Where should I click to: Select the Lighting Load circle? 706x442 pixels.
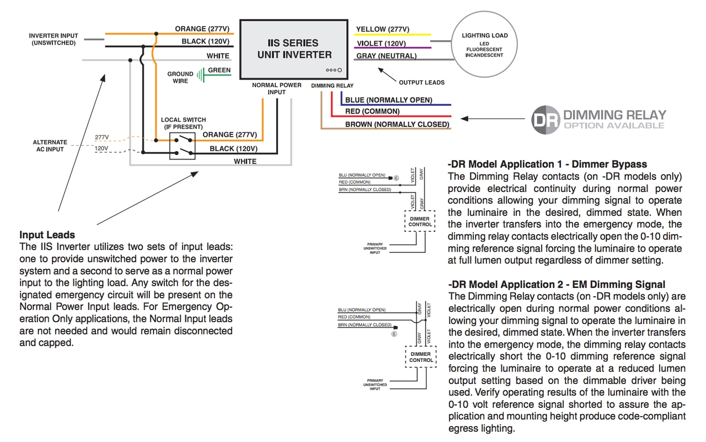point(484,44)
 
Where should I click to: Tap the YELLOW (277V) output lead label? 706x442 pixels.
point(382,29)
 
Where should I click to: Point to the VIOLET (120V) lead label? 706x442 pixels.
point(381,44)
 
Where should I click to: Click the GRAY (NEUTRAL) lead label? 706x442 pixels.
point(386,56)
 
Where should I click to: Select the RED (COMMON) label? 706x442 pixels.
point(372,111)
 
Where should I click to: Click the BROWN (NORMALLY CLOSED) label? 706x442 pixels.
point(397,124)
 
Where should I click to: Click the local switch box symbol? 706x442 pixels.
point(183,146)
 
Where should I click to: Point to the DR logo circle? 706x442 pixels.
point(545,119)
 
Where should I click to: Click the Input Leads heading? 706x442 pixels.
point(47,235)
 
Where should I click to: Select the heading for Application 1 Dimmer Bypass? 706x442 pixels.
point(547,164)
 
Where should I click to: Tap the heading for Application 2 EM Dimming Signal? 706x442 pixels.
point(557,284)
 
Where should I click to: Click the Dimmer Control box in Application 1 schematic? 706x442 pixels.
point(420,221)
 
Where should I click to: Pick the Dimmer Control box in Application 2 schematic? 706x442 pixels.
point(421,357)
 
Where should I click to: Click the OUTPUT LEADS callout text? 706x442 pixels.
point(421,82)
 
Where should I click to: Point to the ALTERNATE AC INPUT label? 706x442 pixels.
point(50,146)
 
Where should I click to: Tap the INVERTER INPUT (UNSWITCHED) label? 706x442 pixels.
point(54,39)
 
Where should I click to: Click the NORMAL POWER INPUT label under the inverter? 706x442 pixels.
point(276,88)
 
